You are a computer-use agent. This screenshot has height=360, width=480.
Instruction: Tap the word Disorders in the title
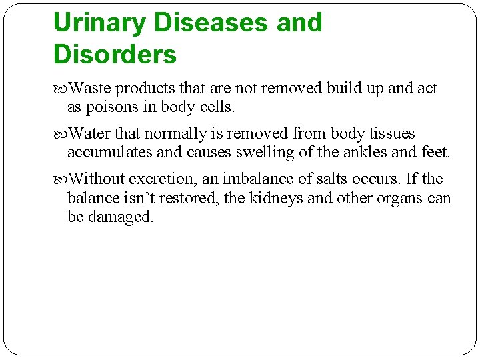pyautogui.click(x=115, y=55)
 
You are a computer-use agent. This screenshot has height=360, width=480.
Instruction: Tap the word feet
pyautogui.click(x=435, y=152)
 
